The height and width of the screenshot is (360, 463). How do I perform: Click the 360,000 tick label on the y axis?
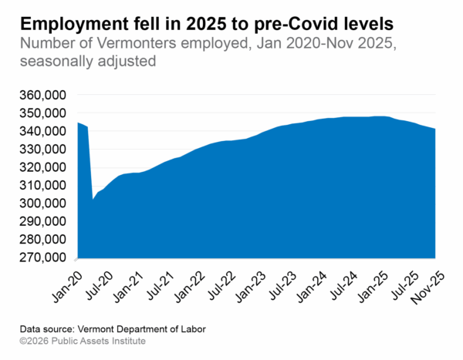(x=43, y=95)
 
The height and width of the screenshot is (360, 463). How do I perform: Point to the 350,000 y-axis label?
(x=43, y=113)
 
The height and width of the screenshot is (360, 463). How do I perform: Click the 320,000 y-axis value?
(x=43, y=167)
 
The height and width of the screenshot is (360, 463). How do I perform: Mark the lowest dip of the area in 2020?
(x=93, y=199)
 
